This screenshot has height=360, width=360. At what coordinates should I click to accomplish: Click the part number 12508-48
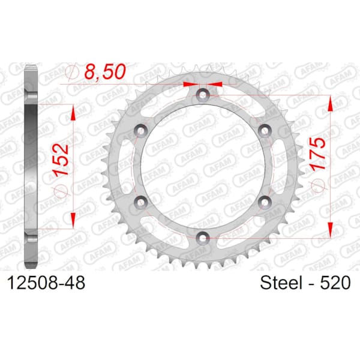(x=46, y=283)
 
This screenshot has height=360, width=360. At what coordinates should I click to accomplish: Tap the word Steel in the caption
(x=281, y=283)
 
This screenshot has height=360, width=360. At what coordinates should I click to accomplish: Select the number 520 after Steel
(x=335, y=283)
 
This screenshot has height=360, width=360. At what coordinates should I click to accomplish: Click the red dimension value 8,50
(x=106, y=71)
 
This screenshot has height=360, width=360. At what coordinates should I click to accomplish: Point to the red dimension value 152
(x=61, y=160)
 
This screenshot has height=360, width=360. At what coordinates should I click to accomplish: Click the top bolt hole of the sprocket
(x=203, y=94)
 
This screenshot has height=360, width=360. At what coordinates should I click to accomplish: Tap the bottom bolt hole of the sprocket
(x=203, y=237)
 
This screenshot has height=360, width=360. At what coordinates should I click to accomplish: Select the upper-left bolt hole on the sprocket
(x=140, y=130)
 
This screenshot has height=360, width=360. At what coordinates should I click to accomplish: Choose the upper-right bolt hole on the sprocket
(x=265, y=130)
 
